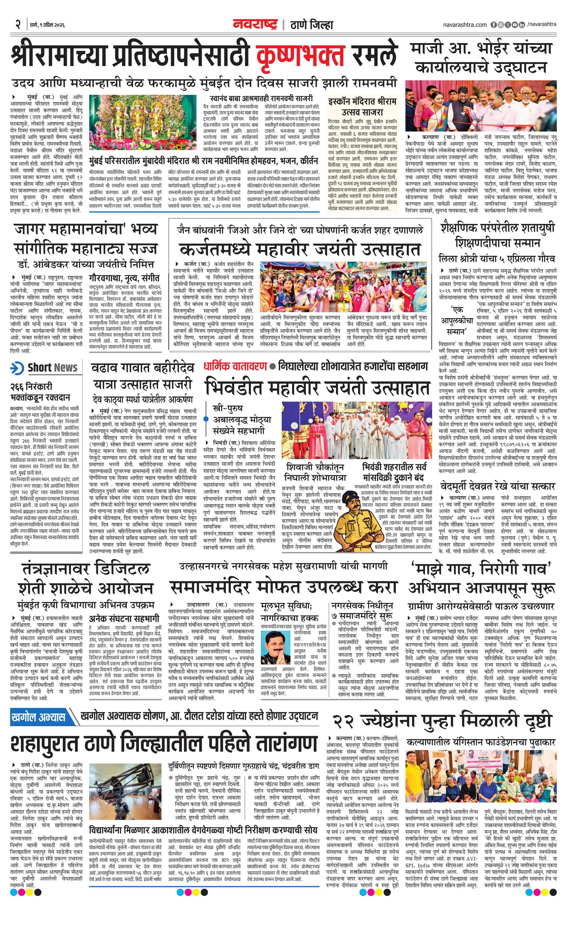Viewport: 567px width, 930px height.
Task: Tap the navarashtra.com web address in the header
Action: (x=465, y=25)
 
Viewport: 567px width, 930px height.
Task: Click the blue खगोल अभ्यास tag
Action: (x=38, y=717)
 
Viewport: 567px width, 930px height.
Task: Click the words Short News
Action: (x=53, y=368)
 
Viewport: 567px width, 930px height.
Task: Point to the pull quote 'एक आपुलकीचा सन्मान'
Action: (x=457, y=322)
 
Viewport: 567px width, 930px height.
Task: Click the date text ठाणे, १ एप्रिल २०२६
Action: (x=47, y=25)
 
